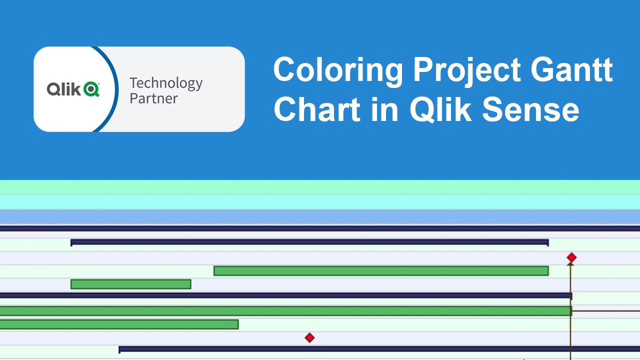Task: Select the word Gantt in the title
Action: coord(571,69)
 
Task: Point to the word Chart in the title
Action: coord(317,109)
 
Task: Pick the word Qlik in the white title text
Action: coord(440,109)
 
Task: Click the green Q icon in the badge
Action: coord(91,89)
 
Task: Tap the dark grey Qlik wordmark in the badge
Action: coord(63,89)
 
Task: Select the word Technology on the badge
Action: coord(166,83)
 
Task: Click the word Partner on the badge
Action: coord(153,98)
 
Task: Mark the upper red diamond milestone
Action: coord(571,257)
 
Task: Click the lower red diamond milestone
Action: coord(309,337)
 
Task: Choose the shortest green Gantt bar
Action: coord(131,284)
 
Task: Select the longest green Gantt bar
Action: coord(285,311)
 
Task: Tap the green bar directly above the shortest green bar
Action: coord(381,271)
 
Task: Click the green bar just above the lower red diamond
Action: coord(119,324)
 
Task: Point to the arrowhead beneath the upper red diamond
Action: coord(570,264)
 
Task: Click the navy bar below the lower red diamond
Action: coord(379,349)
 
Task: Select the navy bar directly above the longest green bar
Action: coord(285,295)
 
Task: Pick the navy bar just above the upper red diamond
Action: coord(309,242)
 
